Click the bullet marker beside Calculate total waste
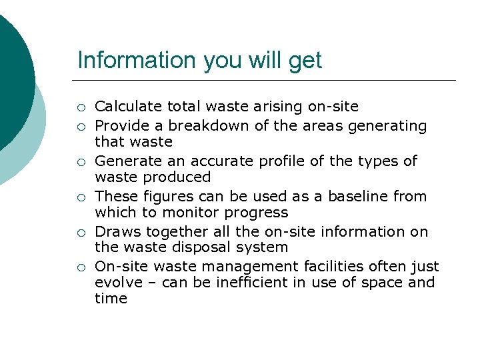click(81, 107)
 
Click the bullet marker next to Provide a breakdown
click(81, 126)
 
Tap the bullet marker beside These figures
click(81, 197)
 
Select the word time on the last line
click(111, 299)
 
